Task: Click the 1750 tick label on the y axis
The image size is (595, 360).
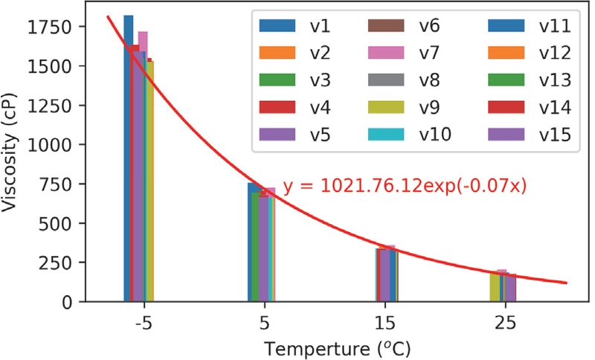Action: click(51, 28)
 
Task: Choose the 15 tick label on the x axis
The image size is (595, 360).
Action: click(383, 324)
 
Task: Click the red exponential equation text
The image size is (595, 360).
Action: click(405, 187)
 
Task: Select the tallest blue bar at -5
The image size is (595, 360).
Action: click(128, 156)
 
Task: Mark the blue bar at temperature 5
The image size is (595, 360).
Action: click(253, 242)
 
